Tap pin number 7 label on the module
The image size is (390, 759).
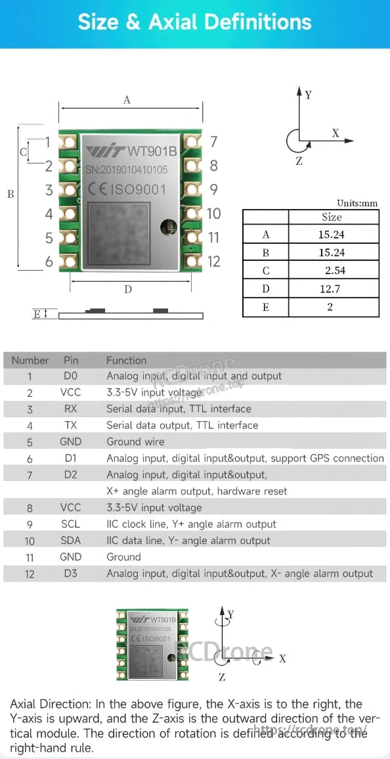[213, 141]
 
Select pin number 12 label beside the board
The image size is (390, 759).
[214, 262]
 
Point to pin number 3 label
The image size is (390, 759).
[49, 191]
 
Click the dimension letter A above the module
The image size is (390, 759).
[127, 101]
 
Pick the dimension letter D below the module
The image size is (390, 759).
[128, 289]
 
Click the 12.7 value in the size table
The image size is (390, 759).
[331, 288]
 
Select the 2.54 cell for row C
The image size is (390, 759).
[334, 270]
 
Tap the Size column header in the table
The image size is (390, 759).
[332, 217]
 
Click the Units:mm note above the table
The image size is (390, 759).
[357, 204]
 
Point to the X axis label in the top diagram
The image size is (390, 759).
[336, 133]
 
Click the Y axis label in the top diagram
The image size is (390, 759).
[308, 95]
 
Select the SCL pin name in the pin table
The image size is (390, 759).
[70, 524]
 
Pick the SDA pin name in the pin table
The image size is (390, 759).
[70, 540]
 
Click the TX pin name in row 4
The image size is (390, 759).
[70, 425]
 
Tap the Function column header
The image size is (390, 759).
[126, 360]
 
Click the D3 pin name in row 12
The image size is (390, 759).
[70, 573]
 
